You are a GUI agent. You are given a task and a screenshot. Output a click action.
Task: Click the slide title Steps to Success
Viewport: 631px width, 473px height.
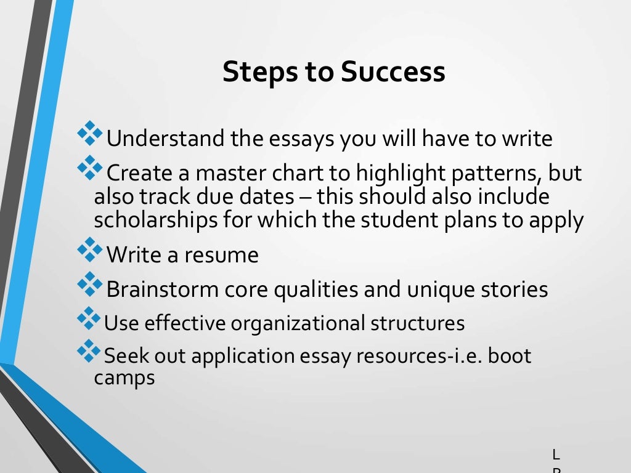pyautogui.click(x=333, y=71)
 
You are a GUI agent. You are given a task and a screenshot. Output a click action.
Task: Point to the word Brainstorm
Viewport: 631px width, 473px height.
pyautogui.click(x=160, y=289)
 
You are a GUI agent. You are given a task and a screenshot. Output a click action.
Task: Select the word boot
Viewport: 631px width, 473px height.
pyautogui.click(x=509, y=356)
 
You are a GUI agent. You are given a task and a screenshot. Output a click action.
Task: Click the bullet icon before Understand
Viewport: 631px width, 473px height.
pyautogui.click(x=90, y=133)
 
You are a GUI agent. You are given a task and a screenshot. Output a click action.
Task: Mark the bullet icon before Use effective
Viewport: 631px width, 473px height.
pyautogui.click(x=89, y=317)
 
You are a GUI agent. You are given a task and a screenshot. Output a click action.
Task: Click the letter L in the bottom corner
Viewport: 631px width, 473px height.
pyautogui.click(x=556, y=455)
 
